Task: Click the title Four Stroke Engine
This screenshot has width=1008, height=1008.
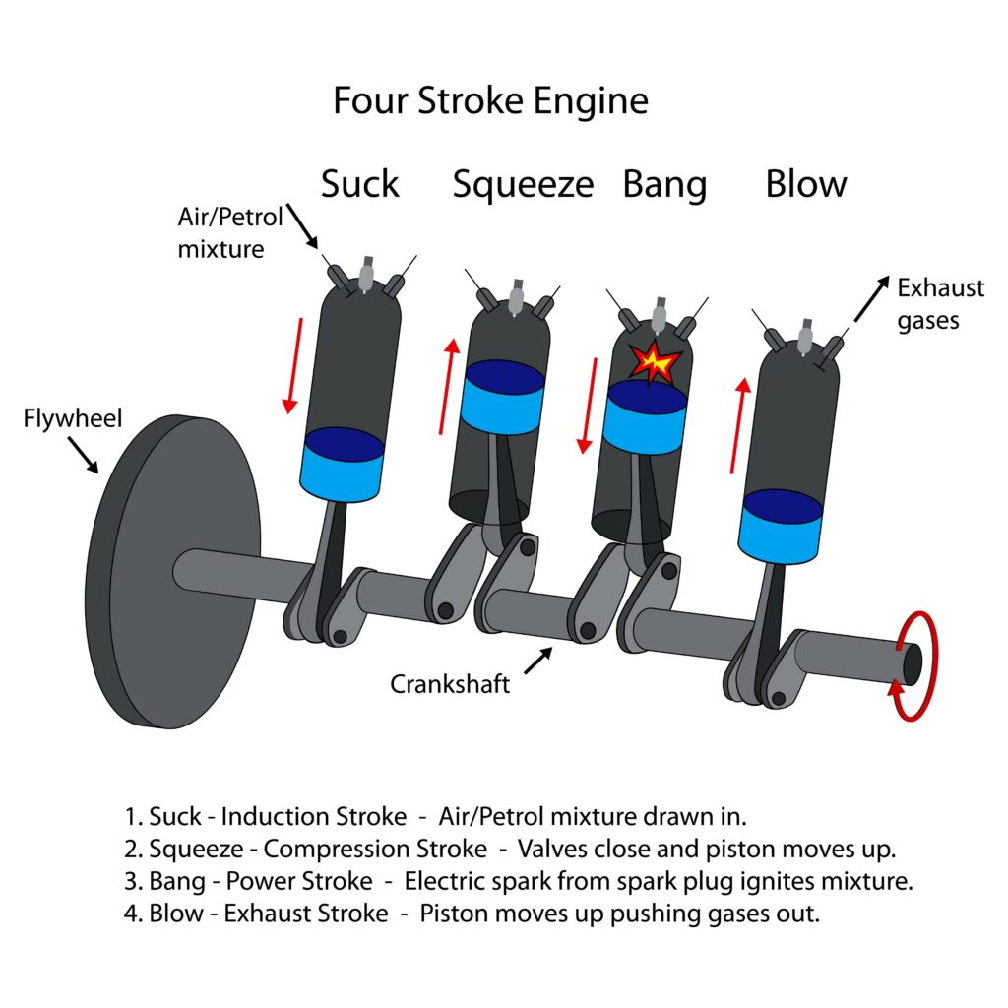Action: click(490, 101)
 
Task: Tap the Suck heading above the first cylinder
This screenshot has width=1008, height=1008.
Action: click(360, 184)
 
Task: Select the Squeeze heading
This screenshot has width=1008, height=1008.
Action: click(523, 184)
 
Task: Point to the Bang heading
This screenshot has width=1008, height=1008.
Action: click(664, 184)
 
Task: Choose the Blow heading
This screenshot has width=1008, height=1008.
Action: click(806, 184)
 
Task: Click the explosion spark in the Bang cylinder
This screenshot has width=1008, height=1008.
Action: click(655, 362)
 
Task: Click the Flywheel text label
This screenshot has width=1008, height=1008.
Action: click(73, 419)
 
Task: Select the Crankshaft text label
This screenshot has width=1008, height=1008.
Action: click(450, 683)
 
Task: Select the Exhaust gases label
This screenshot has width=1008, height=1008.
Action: click(940, 304)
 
